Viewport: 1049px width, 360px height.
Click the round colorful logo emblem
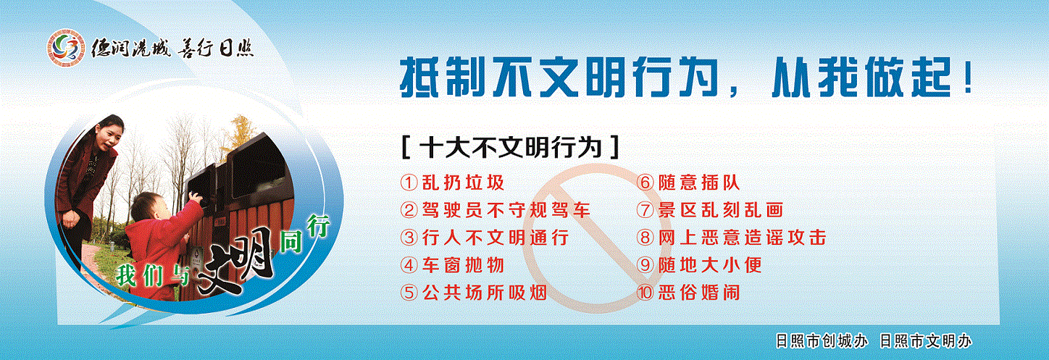coord(65,48)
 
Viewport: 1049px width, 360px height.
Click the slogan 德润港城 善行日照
coord(172,49)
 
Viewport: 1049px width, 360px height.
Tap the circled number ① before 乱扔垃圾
coord(409,183)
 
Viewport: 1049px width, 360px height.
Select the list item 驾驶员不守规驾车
coord(506,210)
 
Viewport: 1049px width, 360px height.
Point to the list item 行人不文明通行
coord(496,238)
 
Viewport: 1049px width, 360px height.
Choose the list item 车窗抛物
coord(463,265)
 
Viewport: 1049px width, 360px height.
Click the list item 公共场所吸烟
coord(485,293)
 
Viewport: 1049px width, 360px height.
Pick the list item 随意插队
coord(698,183)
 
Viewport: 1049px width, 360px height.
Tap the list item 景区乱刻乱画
coord(720,210)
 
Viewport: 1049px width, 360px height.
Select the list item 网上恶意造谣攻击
coord(743,238)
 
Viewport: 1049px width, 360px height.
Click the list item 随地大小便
coord(710,265)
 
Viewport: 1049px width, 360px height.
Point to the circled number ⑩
coord(645,293)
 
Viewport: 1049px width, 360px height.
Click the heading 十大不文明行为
coord(511,148)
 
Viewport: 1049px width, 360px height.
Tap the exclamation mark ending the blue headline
coord(968,78)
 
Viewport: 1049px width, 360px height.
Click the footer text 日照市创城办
coord(822,341)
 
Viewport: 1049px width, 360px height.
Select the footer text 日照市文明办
coord(926,341)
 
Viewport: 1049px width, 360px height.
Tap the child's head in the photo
coord(151,207)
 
